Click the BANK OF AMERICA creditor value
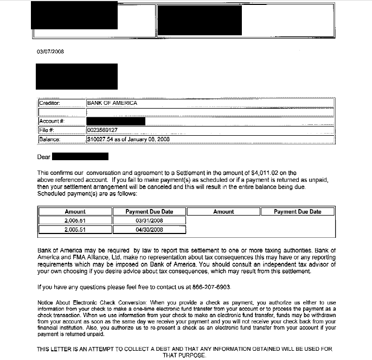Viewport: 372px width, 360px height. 112,103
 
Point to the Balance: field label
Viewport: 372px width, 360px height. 49,139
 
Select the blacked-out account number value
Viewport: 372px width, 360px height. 116,121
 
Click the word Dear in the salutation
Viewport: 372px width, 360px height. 43,157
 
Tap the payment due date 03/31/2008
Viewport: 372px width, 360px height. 149,220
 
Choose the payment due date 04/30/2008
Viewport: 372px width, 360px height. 149,230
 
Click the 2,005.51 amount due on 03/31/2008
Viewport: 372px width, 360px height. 75,220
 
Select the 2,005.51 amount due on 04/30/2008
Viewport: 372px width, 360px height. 75,230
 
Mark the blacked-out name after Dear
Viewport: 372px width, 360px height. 80,157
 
